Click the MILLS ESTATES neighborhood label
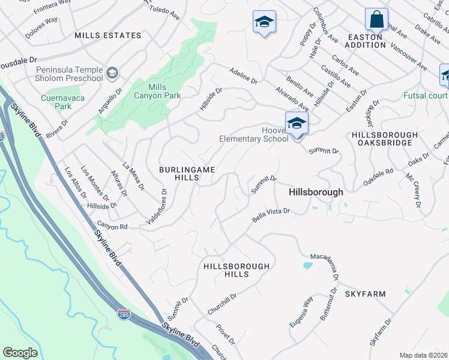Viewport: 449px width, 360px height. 108,36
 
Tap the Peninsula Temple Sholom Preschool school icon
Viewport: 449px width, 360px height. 112,74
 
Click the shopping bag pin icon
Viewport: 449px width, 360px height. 376,19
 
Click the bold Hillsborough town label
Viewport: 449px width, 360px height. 316,193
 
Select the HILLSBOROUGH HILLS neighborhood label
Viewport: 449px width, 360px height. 237,269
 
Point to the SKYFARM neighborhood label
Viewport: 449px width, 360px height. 365,294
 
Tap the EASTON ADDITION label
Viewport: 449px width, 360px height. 366,41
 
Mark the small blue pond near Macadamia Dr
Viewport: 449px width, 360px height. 308,265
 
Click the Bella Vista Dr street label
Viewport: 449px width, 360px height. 271,215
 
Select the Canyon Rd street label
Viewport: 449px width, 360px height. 112,226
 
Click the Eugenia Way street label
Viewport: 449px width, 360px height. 301,313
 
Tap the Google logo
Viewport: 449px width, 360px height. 20,353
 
